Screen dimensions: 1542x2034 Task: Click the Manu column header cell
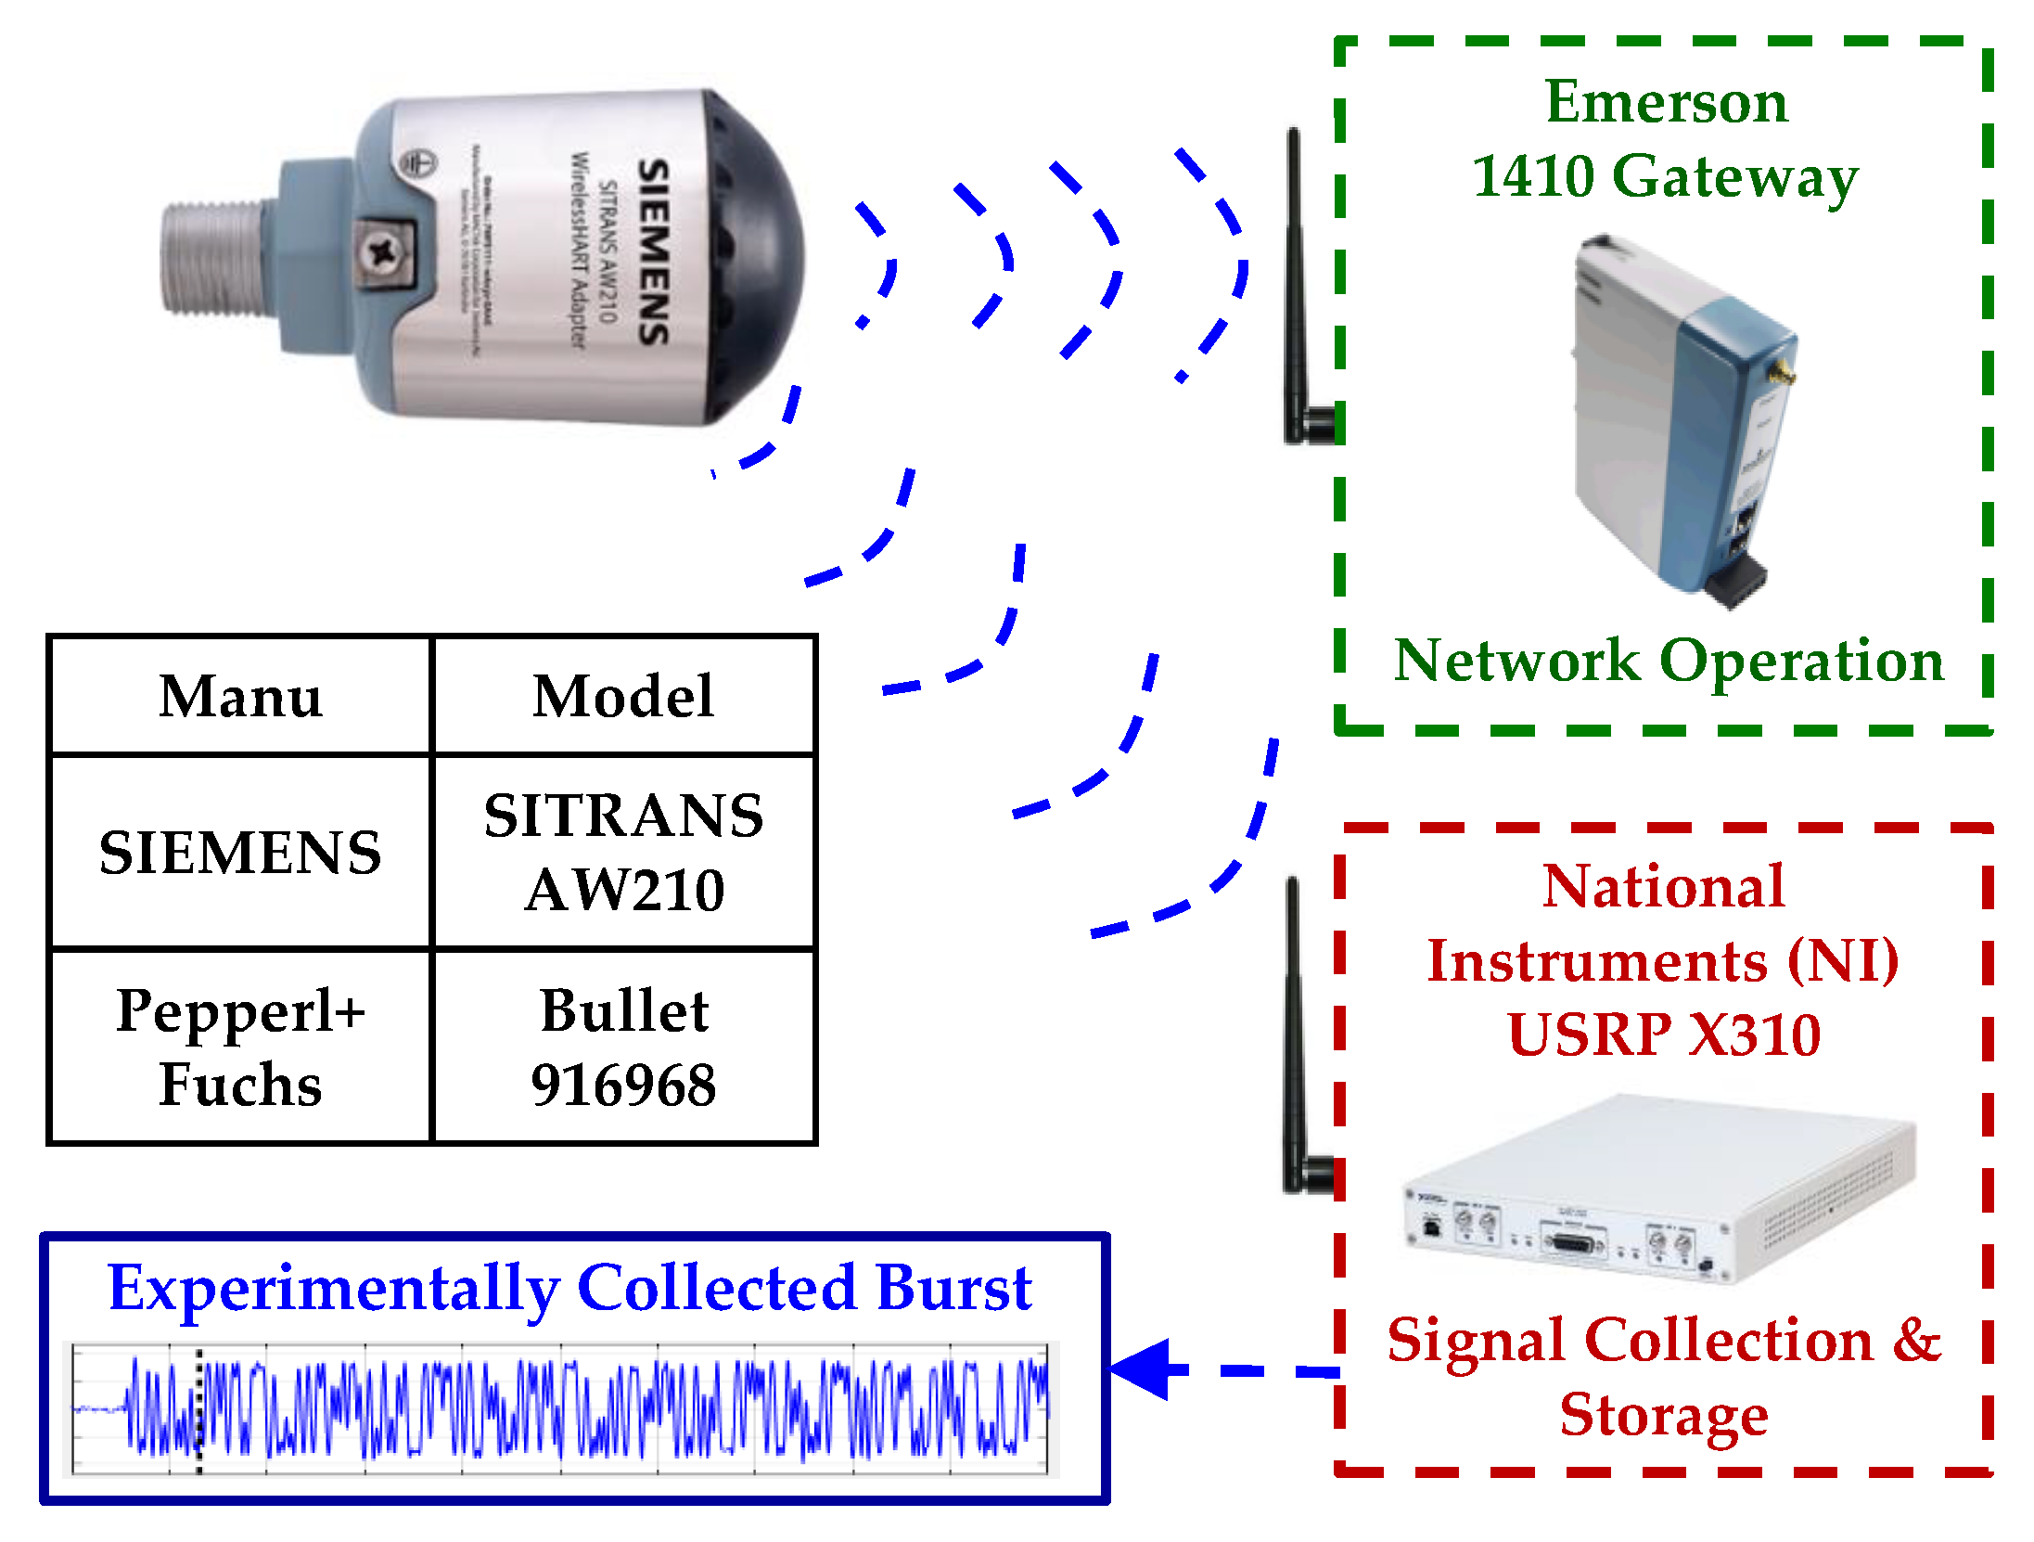click(240, 696)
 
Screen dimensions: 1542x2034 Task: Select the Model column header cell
click(623, 696)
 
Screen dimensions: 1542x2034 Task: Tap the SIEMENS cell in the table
click(240, 852)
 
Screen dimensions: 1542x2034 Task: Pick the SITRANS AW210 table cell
click(623, 852)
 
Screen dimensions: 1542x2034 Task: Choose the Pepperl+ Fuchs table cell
click(240, 1047)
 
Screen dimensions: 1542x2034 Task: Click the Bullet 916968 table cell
click(623, 1047)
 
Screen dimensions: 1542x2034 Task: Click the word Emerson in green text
click(1666, 102)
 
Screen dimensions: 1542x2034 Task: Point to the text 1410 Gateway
click(1666, 176)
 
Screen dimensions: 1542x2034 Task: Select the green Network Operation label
click(1668, 661)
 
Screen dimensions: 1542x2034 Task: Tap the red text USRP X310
click(1664, 1034)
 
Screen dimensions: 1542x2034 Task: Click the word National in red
click(1664, 886)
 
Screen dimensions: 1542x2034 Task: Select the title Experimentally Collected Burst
click(569, 1288)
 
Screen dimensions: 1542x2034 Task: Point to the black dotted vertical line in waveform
click(198, 1410)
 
